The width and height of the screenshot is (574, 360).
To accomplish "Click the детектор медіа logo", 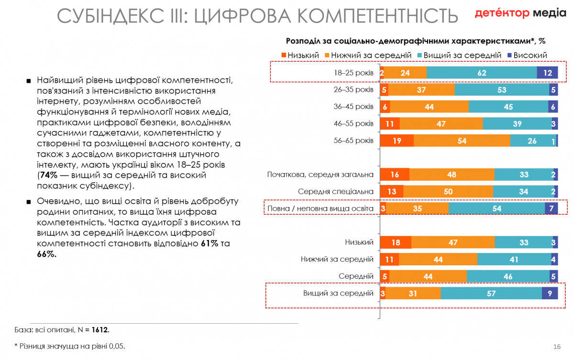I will [x=520, y=13].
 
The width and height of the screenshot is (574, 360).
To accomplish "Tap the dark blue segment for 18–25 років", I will [x=547, y=73].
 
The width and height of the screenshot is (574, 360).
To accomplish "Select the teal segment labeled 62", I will [x=481, y=73].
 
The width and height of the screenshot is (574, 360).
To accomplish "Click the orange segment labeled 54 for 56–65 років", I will [x=462, y=141].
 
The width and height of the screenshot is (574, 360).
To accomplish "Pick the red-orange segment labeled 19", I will [x=397, y=141].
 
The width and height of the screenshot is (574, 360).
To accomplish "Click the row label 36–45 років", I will [x=353, y=107].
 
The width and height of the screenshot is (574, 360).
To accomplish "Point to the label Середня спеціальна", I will [x=336, y=191].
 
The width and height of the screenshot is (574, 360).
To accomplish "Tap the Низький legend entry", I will [x=299, y=55].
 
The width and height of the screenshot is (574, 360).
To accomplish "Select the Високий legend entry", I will [x=527, y=55].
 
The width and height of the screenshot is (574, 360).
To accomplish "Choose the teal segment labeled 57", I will [x=491, y=294].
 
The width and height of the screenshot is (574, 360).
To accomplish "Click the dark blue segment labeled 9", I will [x=550, y=294].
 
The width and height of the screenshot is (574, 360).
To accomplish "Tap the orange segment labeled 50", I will [x=448, y=191].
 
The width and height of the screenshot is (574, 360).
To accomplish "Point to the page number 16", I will [x=556, y=346].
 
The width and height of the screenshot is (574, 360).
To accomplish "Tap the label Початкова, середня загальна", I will [x=320, y=175].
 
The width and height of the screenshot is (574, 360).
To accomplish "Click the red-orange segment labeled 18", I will [x=395, y=242].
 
